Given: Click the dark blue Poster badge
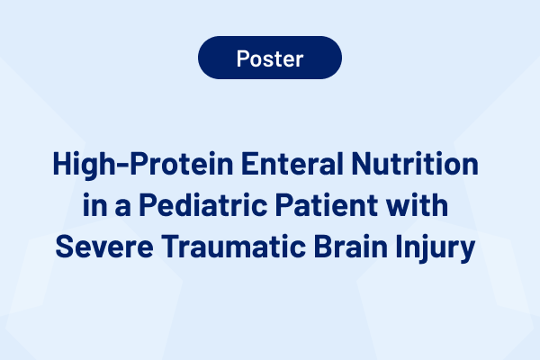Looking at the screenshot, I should (x=270, y=58).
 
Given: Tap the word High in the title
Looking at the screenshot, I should (x=80, y=166).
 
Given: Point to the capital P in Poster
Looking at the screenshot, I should (x=242, y=58).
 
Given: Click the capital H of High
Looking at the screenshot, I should (x=61, y=166).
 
